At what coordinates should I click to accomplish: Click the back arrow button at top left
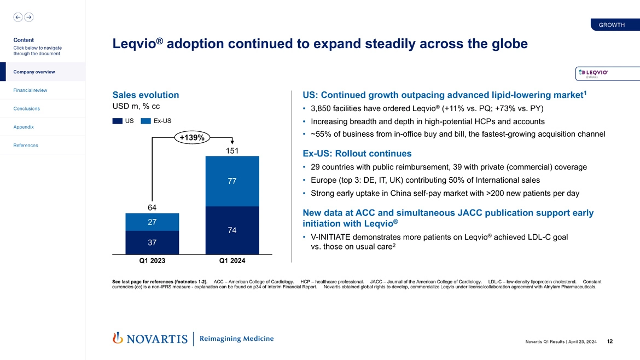click(18, 17)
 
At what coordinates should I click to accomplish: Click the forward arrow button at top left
click(28, 17)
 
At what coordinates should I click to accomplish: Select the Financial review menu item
click(31, 90)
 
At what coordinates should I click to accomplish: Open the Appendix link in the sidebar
click(24, 127)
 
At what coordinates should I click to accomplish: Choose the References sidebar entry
click(25, 146)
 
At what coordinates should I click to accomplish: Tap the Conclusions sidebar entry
click(27, 108)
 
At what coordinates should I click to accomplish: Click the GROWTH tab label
click(612, 25)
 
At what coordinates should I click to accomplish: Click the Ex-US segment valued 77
click(232, 181)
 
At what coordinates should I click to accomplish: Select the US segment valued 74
click(232, 230)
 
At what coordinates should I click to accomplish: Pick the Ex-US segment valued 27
click(152, 222)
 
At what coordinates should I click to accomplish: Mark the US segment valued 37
click(152, 242)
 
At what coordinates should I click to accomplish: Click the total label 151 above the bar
click(232, 150)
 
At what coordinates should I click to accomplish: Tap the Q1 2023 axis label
click(152, 261)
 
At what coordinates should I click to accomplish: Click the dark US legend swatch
click(117, 121)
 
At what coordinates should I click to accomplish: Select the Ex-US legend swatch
click(146, 121)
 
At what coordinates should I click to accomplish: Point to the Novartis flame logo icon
click(117, 339)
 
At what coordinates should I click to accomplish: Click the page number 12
click(610, 342)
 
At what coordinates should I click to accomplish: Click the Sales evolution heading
click(146, 95)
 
